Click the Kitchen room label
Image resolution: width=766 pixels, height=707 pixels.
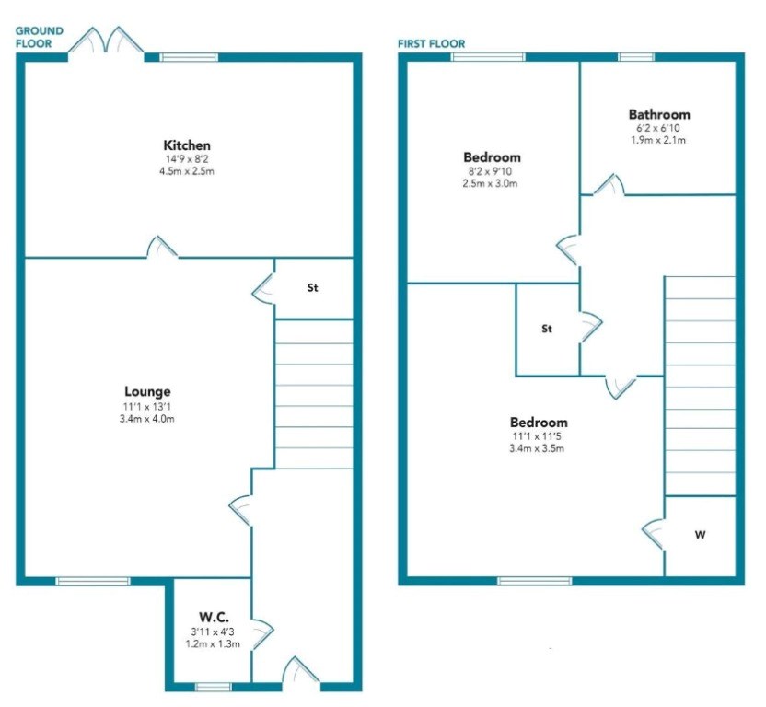tap(187, 145)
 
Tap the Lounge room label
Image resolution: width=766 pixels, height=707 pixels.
tap(147, 391)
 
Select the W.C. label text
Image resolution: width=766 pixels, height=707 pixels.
tap(214, 617)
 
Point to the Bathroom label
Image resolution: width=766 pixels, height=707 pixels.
tap(659, 114)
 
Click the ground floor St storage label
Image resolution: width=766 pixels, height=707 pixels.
tap(313, 288)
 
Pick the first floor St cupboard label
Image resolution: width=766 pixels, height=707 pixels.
tap(547, 329)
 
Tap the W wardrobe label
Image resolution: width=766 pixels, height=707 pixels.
tap(700, 535)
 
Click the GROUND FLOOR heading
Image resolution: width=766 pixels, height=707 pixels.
tap(40, 37)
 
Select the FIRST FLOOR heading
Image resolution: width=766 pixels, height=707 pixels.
tap(432, 44)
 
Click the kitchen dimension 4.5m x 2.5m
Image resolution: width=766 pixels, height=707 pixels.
tap(187, 171)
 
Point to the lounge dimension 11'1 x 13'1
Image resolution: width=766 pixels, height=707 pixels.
tap(147, 407)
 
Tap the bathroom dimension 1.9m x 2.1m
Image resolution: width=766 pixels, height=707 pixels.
tap(658, 140)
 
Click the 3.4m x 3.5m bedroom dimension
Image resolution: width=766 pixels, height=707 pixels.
tap(537, 448)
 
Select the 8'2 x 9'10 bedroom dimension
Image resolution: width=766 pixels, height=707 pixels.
tap(489, 171)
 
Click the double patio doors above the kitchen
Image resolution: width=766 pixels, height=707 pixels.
tap(106, 41)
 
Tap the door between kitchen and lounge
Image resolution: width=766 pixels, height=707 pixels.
tap(163, 247)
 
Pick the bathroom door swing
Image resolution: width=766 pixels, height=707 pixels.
tap(609, 185)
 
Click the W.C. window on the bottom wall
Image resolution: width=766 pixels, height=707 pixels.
tap(213, 687)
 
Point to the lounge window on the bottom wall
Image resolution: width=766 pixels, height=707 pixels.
tap(93, 581)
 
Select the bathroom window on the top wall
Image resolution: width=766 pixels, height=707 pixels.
tap(636, 57)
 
